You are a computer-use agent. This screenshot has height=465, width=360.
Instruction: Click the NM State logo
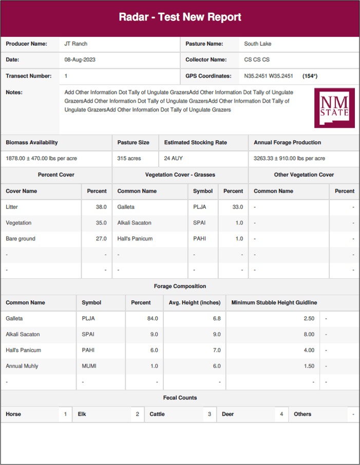334,108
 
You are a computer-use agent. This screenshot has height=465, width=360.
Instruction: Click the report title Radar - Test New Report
180,17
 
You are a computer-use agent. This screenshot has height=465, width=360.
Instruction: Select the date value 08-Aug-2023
80,60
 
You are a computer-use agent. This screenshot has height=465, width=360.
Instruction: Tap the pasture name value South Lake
258,44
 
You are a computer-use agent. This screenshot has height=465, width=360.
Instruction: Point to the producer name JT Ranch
76,44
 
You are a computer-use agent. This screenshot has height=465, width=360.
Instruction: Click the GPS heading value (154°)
310,76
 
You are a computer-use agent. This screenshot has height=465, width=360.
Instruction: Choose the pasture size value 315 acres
129,159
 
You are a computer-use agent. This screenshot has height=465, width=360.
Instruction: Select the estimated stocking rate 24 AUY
174,159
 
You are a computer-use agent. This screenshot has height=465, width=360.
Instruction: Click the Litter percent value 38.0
101,207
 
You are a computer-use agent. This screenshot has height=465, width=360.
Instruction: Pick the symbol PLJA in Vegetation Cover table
200,207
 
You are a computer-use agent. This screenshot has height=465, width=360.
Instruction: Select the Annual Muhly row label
22,366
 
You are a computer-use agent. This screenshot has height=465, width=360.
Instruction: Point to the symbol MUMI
89,366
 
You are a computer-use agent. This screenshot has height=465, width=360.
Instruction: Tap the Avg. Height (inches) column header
194,302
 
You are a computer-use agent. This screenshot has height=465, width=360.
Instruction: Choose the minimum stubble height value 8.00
309,334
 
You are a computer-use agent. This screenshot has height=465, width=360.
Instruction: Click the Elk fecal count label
82,414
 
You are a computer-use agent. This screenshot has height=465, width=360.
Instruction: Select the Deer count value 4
281,414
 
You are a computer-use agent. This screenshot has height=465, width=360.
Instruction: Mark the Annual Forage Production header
287,142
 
